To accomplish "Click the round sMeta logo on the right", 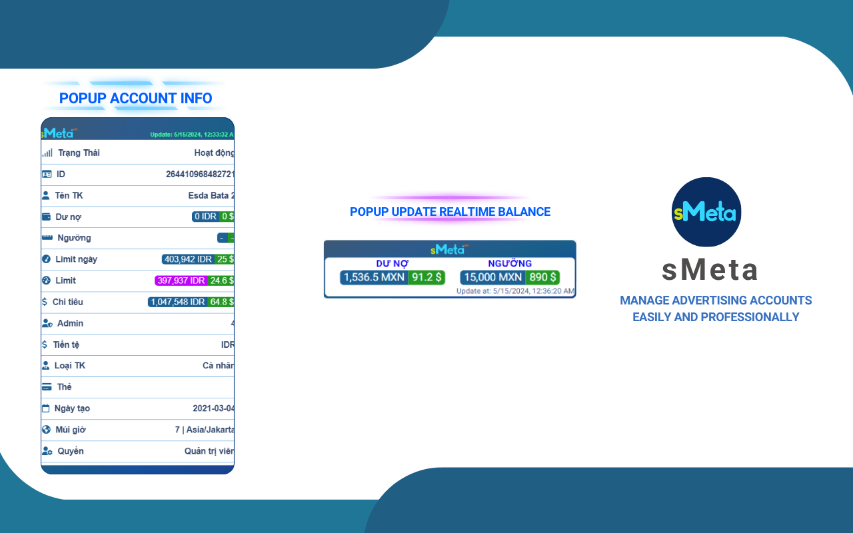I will pyautogui.click(x=706, y=212).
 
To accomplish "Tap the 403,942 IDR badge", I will pyautogui.click(x=187, y=259).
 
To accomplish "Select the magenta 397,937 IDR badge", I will pyautogui.click(x=181, y=280).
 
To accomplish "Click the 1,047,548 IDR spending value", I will pyautogui.click(x=177, y=302).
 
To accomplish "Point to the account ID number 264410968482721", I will pyautogui.click(x=200, y=175).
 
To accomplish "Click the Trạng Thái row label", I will pyautogui.click(x=79, y=153).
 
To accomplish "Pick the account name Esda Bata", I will pyautogui.click(x=211, y=196).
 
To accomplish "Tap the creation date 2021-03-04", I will pyautogui.click(x=213, y=408).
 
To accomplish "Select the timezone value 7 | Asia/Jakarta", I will pyautogui.click(x=205, y=430).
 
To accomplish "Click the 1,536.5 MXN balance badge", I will pyautogui.click(x=374, y=277).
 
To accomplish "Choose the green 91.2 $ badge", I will pyautogui.click(x=426, y=277).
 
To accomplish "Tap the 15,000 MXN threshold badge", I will pyautogui.click(x=492, y=277).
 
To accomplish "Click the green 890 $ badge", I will pyautogui.click(x=542, y=277).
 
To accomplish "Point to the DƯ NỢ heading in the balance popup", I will pyautogui.click(x=393, y=263).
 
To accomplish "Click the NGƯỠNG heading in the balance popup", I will pyautogui.click(x=510, y=263).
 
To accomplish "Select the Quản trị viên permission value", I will pyautogui.click(x=209, y=451).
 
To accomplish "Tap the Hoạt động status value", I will pyautogui.click(x=214, y=153).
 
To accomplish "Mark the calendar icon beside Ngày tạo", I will pyautogui.click(x=46, y=408).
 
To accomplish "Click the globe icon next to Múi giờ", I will pyautogui.click(x=46, y=430).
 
